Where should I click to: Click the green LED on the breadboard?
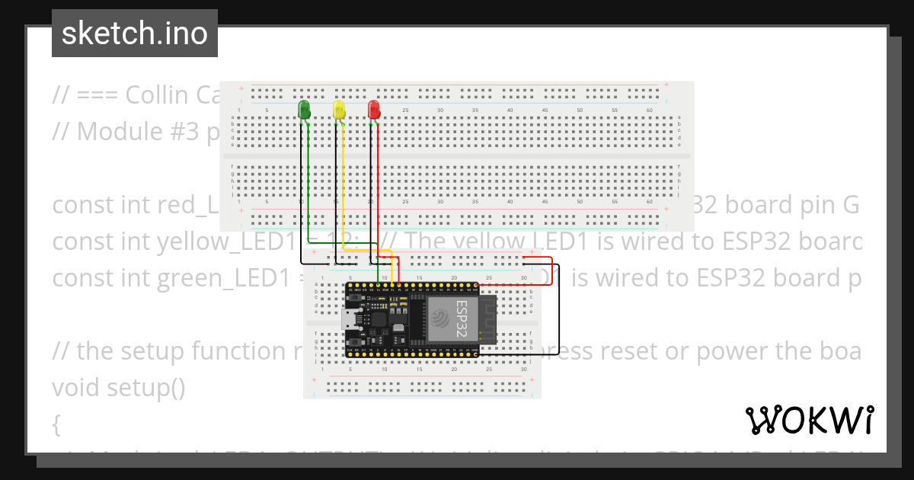coord(305,109)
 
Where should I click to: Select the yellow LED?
coord(339,109)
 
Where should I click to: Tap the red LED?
coord(374,109)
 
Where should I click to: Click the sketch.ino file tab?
coord(135,34)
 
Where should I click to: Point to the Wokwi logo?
coord(809,420)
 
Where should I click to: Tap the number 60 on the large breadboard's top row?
coord(649,111)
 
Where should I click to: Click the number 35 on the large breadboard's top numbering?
coord(475,111)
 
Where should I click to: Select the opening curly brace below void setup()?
coord(56,424)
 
